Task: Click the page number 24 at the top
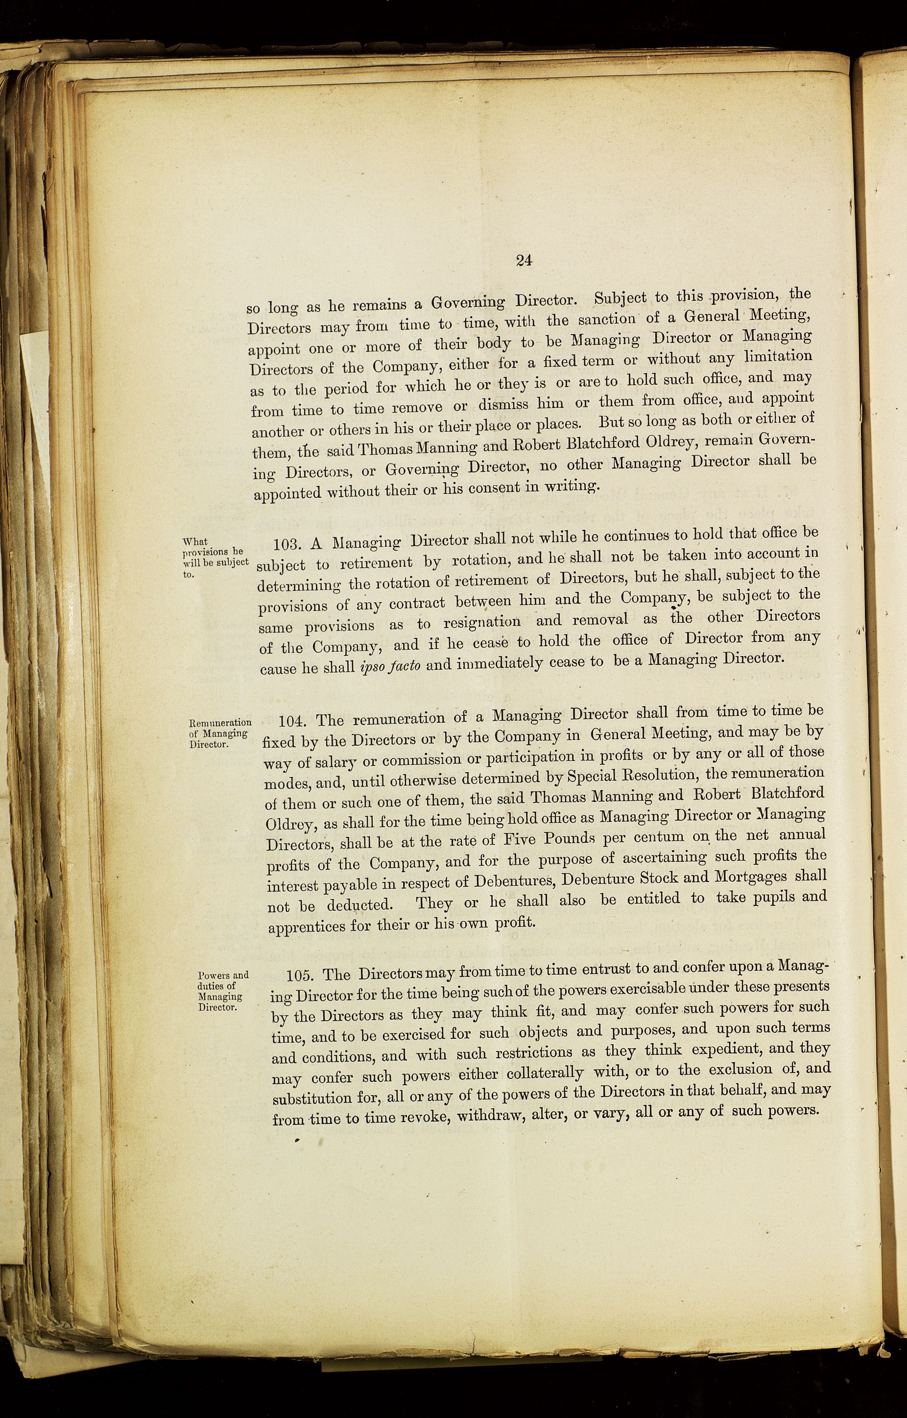pos(524,260)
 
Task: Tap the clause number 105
pos(301,975)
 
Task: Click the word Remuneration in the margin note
pos(220,722)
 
